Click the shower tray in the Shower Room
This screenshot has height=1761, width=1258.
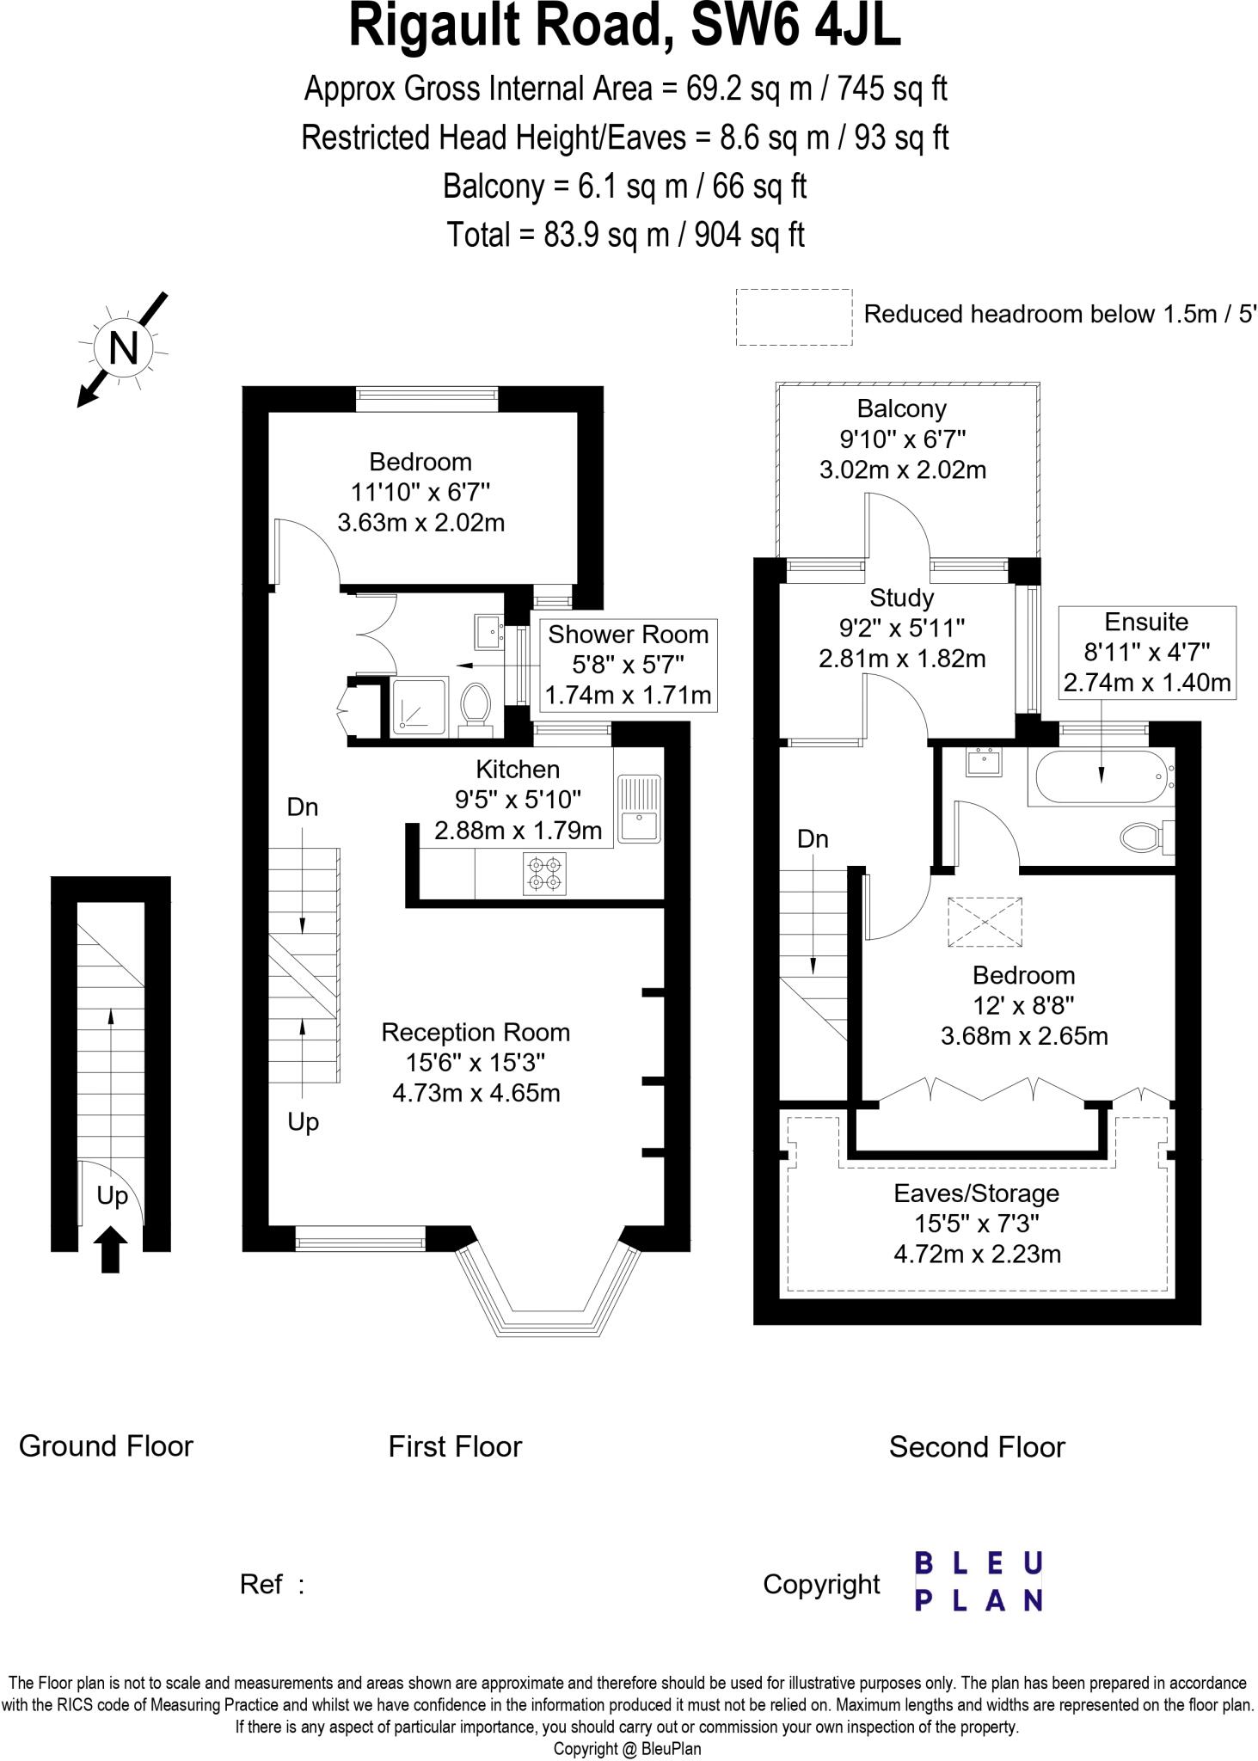420,706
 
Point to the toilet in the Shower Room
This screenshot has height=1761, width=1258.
475,709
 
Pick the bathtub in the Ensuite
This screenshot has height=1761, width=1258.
1102,776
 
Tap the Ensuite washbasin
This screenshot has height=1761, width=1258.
984,763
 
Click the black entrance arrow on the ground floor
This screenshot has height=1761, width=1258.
110,1249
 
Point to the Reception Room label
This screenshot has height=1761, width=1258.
476,1032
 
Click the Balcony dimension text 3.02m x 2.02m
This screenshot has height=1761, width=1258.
902,469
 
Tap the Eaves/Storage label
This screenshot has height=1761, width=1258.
976,1193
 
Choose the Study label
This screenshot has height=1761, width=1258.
901,598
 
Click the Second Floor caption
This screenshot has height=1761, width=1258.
977,1447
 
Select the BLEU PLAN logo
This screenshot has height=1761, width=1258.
979,1581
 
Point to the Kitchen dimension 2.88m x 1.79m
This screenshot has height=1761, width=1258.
518,831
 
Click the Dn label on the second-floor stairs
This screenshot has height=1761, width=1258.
813,838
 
